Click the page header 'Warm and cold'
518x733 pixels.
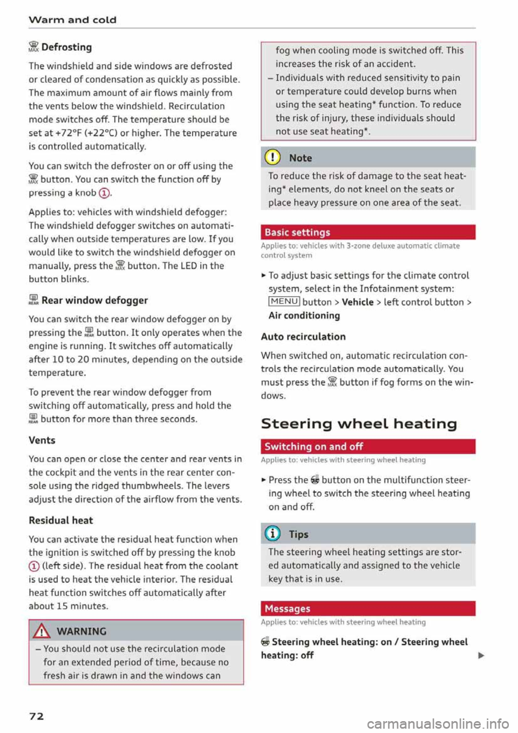tap(72, 20)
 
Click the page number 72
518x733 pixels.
tap(36, 716)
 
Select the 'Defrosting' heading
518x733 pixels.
tap(66, 47)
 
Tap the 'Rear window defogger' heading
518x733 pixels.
tap(94, 300)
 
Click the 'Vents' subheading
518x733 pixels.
tap(42, 440)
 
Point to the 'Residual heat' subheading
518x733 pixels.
tap(61, 520)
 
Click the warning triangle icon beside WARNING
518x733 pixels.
tap(42, 631)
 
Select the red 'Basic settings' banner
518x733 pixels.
tap(367, 232)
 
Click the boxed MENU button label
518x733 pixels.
tap(284, 302)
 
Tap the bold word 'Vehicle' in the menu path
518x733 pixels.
tap(357, 302)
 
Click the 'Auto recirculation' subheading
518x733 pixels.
tap(303, 336)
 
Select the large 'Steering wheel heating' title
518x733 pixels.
tap(359, 424)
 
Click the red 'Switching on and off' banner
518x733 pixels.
tap(367, 446)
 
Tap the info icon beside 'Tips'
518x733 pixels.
tap(273, 534)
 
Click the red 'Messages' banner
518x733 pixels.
tap(367, 608)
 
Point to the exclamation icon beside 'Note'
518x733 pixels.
tap(274, 158)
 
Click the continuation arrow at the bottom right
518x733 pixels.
tap(481, 656)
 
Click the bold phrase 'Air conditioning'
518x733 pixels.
tap(304, 315)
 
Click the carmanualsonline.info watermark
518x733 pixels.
tap(438, 723)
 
